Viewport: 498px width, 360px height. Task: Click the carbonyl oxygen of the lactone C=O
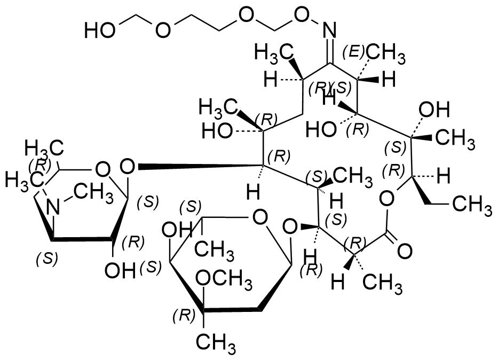404,249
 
